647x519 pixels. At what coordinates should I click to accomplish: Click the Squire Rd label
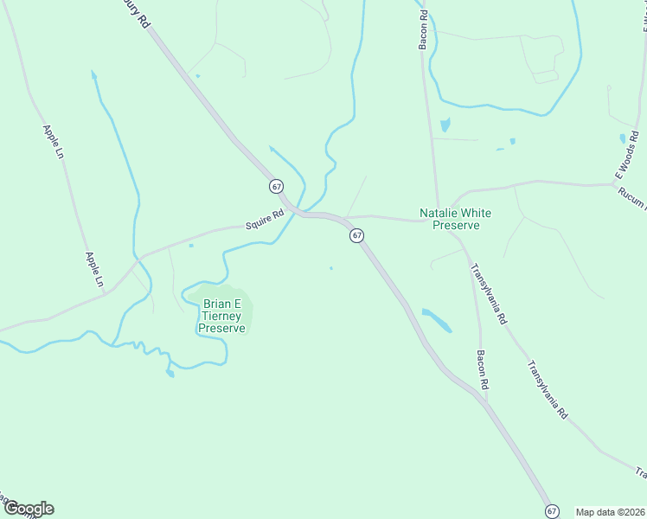265,221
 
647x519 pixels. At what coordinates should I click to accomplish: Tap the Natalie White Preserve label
449,218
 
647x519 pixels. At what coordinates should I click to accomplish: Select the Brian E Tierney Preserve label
222,316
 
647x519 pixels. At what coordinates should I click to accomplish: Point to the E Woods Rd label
627,155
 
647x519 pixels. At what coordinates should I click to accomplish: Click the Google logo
29,509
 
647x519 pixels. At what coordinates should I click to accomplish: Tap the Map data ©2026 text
609,511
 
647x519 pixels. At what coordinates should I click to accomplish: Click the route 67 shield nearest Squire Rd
276,187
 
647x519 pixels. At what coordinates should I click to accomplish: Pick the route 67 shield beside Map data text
551,511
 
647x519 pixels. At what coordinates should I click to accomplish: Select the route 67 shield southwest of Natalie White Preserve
356,235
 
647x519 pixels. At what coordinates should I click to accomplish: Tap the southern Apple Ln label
94,269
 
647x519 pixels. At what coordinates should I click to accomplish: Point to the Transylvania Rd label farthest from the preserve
547,389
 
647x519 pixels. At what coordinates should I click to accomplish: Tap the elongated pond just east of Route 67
437,320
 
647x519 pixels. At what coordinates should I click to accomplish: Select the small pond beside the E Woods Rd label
623,138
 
